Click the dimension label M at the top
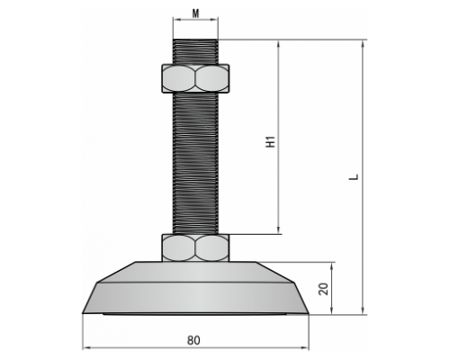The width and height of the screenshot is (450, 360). coord(195,13)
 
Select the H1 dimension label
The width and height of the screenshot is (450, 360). coord(271,141)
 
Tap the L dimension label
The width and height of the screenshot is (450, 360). coord(355,176)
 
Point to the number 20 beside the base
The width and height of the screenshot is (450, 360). coord(324,289)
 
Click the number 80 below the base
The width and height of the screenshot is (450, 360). coord(193,340)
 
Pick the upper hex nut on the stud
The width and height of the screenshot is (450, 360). coord(196,78)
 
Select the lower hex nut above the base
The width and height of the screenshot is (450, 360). coord(196,247)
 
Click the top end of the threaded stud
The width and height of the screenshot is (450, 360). coord(195,40)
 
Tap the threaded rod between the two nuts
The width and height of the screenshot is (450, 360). coord(195,163)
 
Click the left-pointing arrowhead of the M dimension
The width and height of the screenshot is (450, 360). coord(176,20)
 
